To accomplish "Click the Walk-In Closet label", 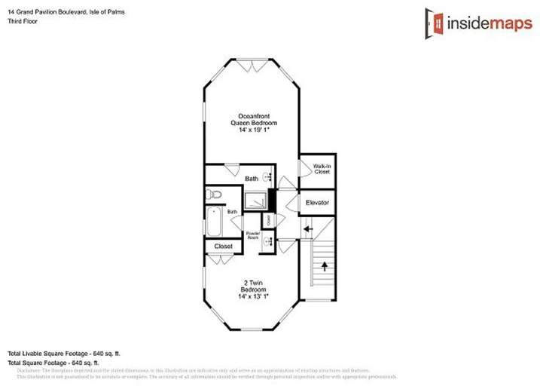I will coord(312,169).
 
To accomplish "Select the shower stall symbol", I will coord(258,201).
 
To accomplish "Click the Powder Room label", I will coord(253,235).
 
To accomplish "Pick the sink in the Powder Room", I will coord(252,246).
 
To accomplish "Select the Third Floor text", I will coord(23,21).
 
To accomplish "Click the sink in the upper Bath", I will coord(268,178).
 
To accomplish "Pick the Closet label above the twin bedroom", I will coord(224,247).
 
